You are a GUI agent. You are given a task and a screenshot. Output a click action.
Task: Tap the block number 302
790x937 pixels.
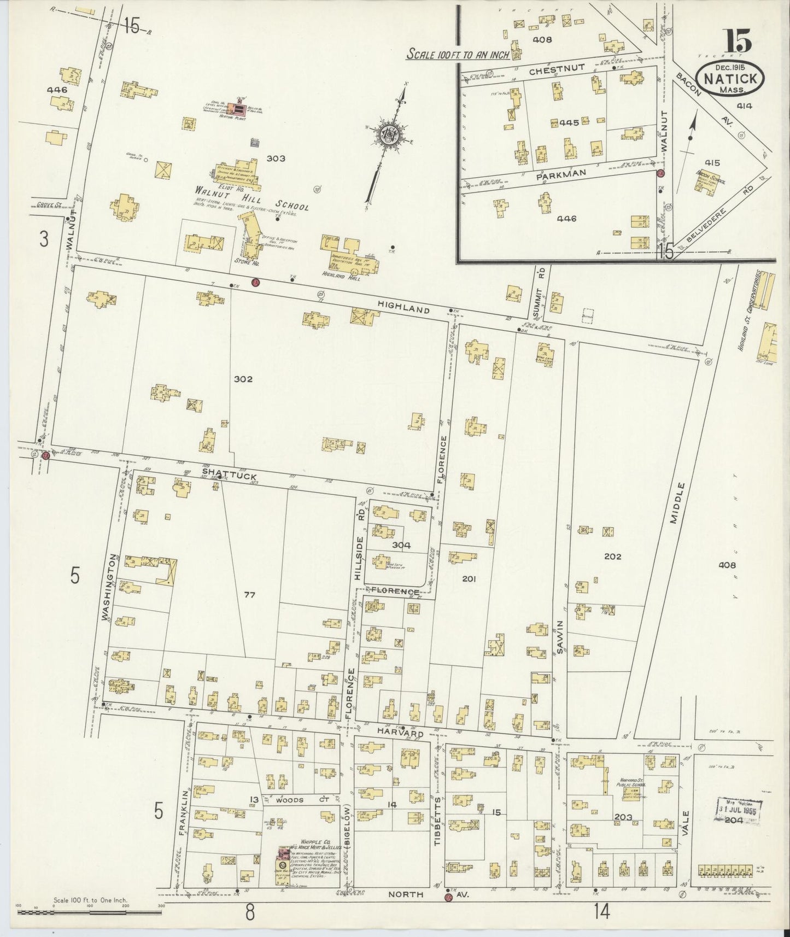[243, 379]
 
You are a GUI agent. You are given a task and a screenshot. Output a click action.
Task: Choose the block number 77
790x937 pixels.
[249, 595]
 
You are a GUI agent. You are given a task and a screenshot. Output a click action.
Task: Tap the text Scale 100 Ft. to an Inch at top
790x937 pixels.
[458, 55]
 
